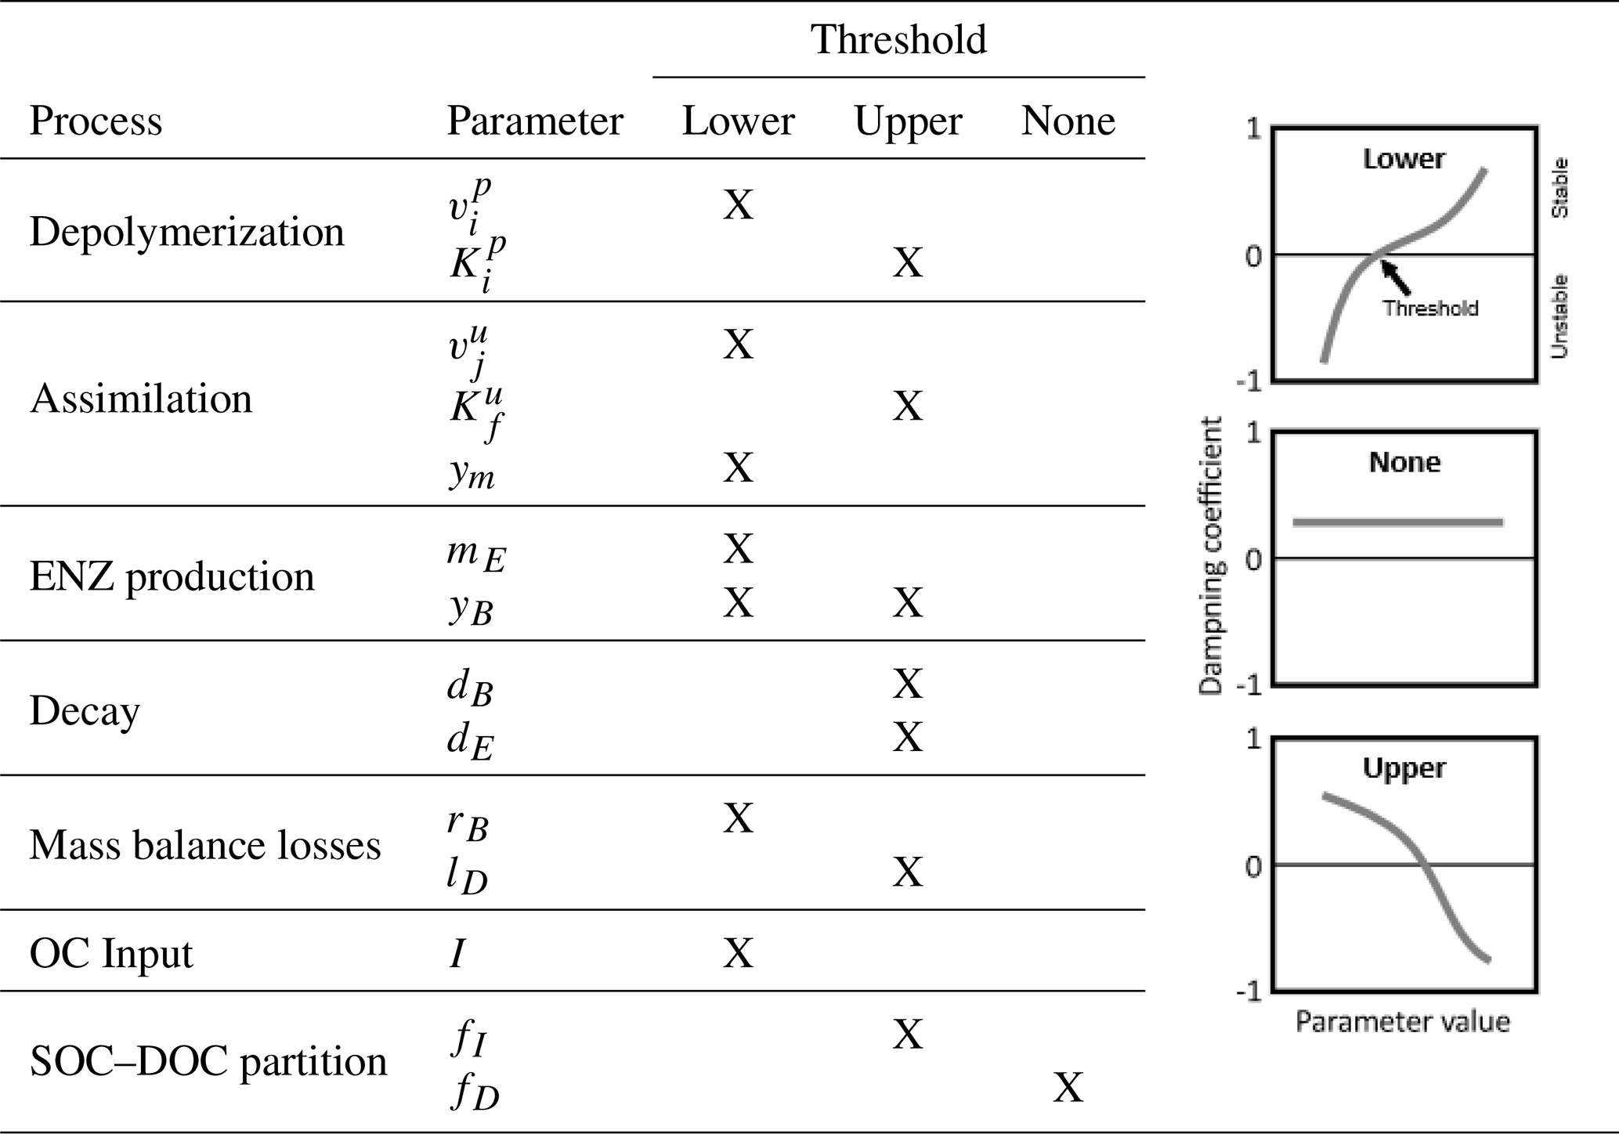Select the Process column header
tap(96, 121)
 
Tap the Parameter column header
tap(534, 121)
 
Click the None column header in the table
tap(1068, 121)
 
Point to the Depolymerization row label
tap(186, 233)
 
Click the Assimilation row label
tap(141, 399)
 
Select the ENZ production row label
tap(172, 577)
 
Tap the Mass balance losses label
tap(205, 846)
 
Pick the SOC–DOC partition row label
tap(208, 1062)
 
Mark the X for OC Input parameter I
tap(738, 954)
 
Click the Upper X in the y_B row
tap(907, 603)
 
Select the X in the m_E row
tap(738, 549)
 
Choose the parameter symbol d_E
tap(470, 740)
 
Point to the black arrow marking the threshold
tap(1397, 278)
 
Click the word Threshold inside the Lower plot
tap(1430, 309)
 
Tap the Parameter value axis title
tap(1402, 1022)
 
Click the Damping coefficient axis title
tap(1211, 556)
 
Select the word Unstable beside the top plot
tap(1559, 316)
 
